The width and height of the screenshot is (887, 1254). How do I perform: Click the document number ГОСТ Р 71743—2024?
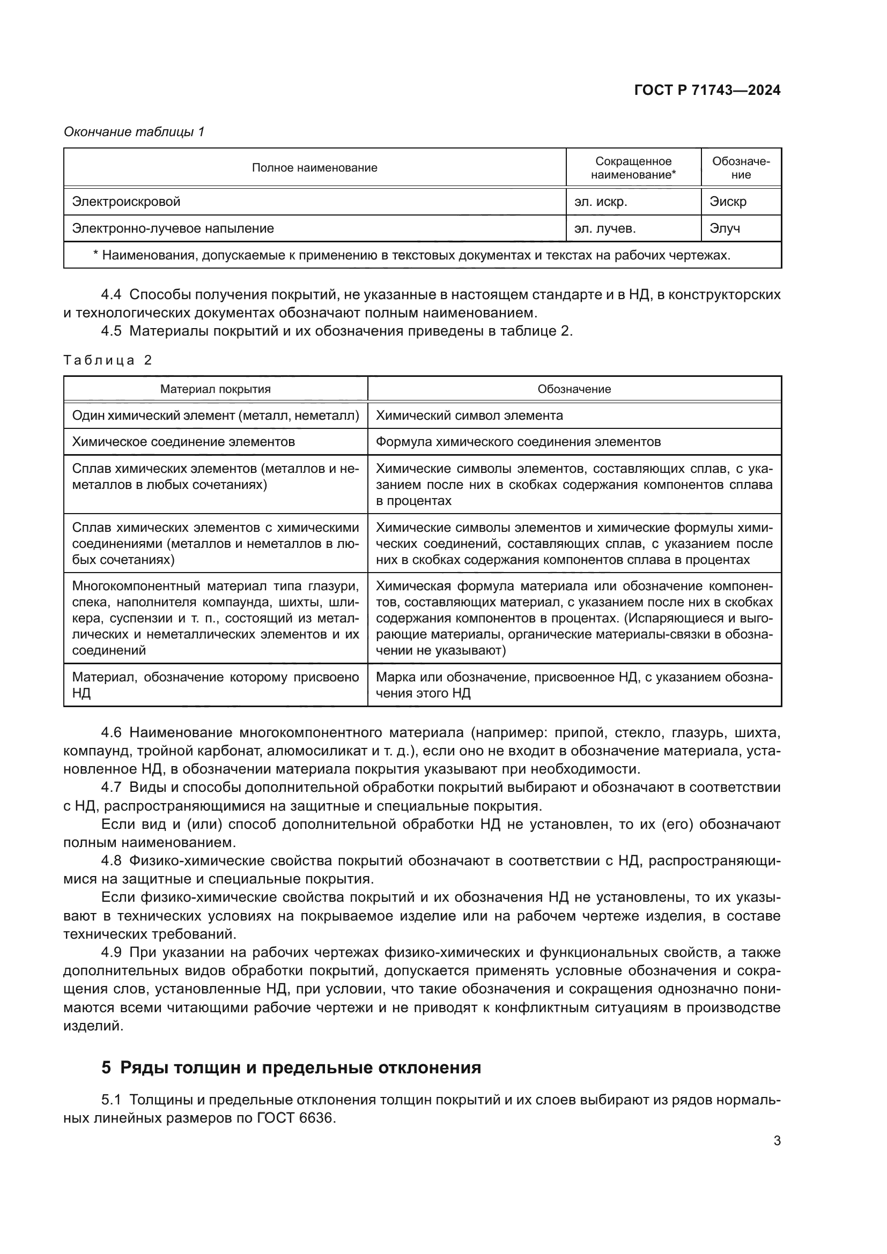707,91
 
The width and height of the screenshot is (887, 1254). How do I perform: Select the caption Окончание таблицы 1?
134,132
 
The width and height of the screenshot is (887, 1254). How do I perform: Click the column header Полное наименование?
314,168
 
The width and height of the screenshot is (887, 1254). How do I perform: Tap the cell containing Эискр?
728,202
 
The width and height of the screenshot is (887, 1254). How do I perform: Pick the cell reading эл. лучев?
604,228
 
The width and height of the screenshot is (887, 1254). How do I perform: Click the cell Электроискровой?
126,202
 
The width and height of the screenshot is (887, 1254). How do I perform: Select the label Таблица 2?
108,360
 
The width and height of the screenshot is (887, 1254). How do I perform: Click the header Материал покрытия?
215,389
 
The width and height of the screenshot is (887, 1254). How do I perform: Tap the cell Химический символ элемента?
469,415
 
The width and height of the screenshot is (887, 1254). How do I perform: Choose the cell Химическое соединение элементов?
183,442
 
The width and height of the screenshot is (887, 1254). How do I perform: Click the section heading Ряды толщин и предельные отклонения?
300,1068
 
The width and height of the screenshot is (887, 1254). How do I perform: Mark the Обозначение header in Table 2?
573,389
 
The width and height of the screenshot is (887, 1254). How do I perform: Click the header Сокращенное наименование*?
633,168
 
